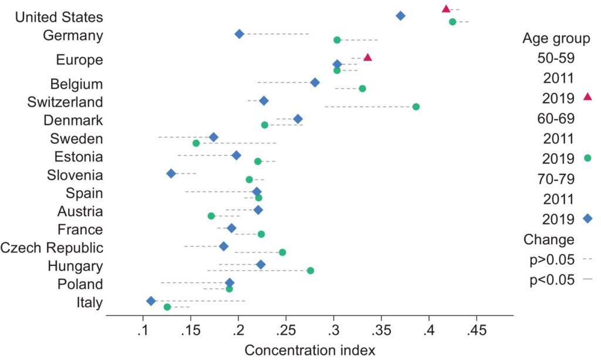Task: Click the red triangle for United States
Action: tap(446, 9)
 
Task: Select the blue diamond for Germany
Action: tap(239, 34)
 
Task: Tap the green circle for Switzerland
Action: tap(416, 107)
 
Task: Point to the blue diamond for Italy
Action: tap(151, 301)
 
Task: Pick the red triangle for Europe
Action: tap(367, 58)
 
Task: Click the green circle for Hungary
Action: tap(310, 271)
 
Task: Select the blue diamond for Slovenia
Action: tap(171, 173)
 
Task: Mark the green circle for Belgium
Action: tap(362, 89)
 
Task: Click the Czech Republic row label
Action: tap(52, 247)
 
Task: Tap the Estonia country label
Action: tap(79, 157)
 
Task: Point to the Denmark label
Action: tap(73, 120)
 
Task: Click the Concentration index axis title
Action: tap(309, 351)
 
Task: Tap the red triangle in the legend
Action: tap(588, 96)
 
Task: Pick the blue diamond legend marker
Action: tap(588, 219)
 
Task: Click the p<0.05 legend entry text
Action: tap(552, 280)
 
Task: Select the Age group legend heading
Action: tap(556, 39)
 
